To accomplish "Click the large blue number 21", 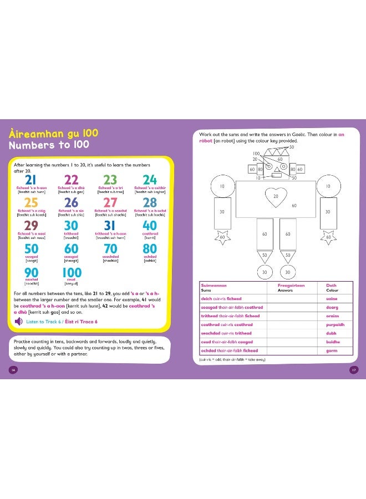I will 30,180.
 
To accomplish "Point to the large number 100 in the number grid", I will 71,272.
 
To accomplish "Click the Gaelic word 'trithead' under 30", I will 71,233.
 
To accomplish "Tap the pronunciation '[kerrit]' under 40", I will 150,237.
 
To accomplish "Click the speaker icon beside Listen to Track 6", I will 18,321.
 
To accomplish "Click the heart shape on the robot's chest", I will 276,196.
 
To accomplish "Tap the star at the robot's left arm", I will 222,237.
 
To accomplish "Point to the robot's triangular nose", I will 276,166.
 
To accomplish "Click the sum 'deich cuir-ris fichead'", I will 221,298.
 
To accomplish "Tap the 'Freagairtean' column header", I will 288,285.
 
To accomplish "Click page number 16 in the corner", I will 13,370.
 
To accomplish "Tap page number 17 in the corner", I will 353,370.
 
